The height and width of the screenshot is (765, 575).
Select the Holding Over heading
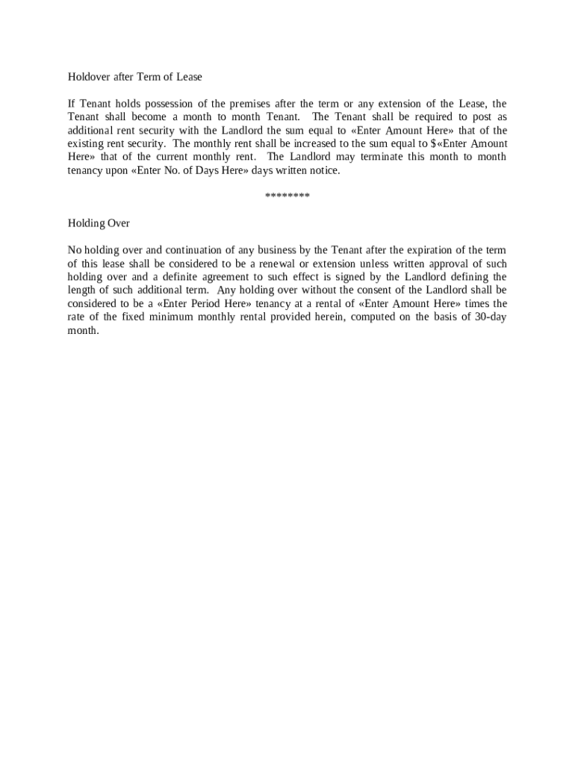point(99,223)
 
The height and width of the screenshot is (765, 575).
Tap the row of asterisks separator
point(287,196)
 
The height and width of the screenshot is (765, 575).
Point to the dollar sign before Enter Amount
point(434,143)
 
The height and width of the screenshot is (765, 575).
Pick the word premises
point(256,104)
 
